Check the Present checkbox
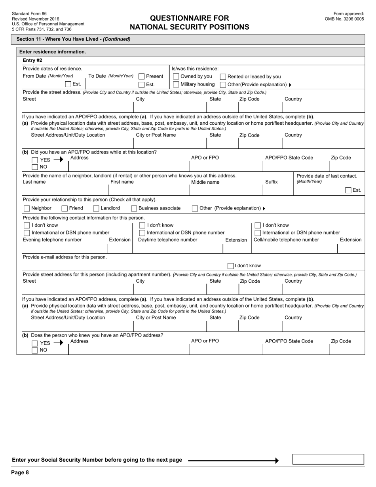point(141,76)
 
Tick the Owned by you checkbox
point(176,76)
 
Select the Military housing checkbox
point(176,84)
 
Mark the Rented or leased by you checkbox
point(223,77)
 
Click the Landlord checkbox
point(96,208)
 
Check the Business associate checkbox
point(134,208)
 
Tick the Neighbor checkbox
point(27,208)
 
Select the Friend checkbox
point(65,208)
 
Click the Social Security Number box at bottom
point(328,459)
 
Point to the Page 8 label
point(20,472)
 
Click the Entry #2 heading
point(32,61)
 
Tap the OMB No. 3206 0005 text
point(344,19)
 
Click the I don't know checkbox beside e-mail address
point(230,266)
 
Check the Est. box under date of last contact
point(348,190)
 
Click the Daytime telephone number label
point(167,240)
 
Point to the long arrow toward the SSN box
point(233,460)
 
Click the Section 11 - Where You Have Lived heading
point(73,39)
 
